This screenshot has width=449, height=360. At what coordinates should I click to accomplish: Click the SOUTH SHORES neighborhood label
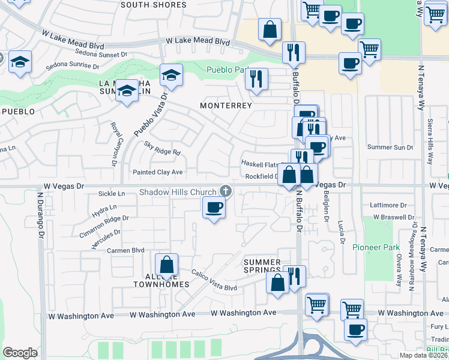153,5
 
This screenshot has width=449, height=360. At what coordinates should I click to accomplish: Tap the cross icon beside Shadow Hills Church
226,191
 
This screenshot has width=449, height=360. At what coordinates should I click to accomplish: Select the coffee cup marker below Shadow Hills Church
214,208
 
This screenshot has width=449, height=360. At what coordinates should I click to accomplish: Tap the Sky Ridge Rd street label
162,148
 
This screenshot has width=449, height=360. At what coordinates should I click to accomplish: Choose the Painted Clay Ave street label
156,172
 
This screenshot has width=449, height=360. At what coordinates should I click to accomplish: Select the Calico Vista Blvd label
214,280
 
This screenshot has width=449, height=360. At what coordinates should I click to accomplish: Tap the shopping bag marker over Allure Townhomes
167,264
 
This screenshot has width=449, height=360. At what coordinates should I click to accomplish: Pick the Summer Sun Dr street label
390,147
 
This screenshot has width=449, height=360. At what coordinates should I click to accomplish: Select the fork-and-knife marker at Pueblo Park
257,79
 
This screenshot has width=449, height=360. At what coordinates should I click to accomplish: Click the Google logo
20,353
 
